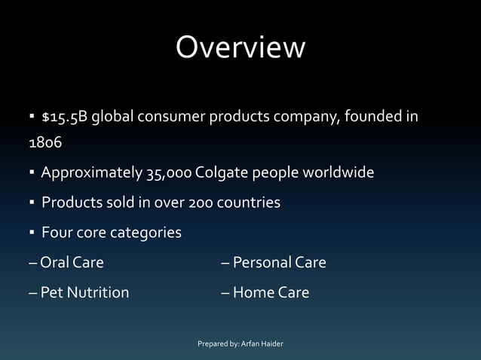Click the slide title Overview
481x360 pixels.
click(x=240, y=47)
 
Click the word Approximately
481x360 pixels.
click(x=90, y=173)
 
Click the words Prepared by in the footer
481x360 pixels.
click(x=217, y=344)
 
